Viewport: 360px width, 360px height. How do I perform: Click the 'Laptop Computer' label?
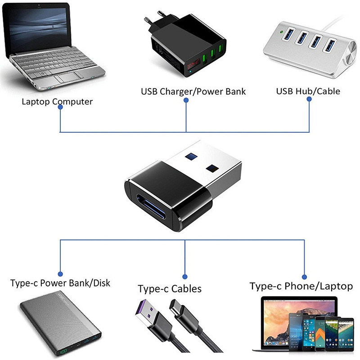[x=57, y=101]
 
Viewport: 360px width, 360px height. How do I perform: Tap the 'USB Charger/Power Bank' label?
[x=193, y=92]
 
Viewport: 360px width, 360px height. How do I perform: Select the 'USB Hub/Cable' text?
[x=308, y=91]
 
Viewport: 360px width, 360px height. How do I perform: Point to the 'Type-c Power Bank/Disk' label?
[x=60, y=283]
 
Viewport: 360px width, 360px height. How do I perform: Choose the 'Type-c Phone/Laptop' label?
[x=301, y=286]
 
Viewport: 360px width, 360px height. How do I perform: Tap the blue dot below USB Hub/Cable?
[x=310, y=101]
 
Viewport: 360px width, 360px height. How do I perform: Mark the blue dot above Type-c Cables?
[x=184, y=276]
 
